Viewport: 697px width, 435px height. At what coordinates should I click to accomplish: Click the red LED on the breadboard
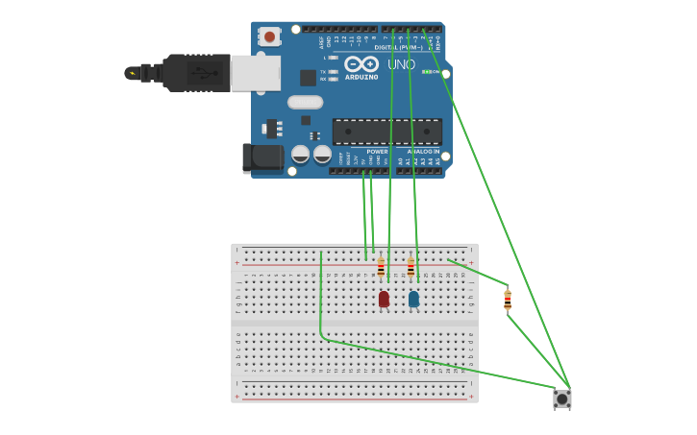click(x=384, y=299)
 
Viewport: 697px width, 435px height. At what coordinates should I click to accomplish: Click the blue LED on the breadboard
click(x=413, y=299)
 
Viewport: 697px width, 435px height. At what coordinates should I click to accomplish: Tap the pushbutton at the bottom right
click(x=562, y=398)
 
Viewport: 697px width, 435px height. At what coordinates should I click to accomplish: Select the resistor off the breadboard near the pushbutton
click(x=508, y=301)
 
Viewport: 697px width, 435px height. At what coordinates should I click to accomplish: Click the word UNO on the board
click(x=401, y=65)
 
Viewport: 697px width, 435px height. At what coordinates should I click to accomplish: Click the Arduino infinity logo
click(x=361, y=63)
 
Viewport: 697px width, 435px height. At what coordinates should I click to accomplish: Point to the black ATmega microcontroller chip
click(x=386, y=132)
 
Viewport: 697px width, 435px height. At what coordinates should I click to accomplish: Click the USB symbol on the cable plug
click(x=196, y=72)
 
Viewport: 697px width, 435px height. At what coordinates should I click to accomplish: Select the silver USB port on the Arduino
click(x=255, y=73)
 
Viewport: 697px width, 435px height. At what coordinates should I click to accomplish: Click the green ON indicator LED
click(x=425, y=72)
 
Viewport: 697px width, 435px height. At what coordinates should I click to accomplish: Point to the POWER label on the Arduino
click(x=377, y=151)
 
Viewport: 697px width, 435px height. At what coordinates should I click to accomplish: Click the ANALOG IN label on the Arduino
click(x=423, y=151)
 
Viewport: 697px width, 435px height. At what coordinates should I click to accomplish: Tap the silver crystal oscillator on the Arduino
click(x=305, y=102)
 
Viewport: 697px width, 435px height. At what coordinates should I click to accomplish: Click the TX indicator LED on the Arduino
click(x=333, y=72)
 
